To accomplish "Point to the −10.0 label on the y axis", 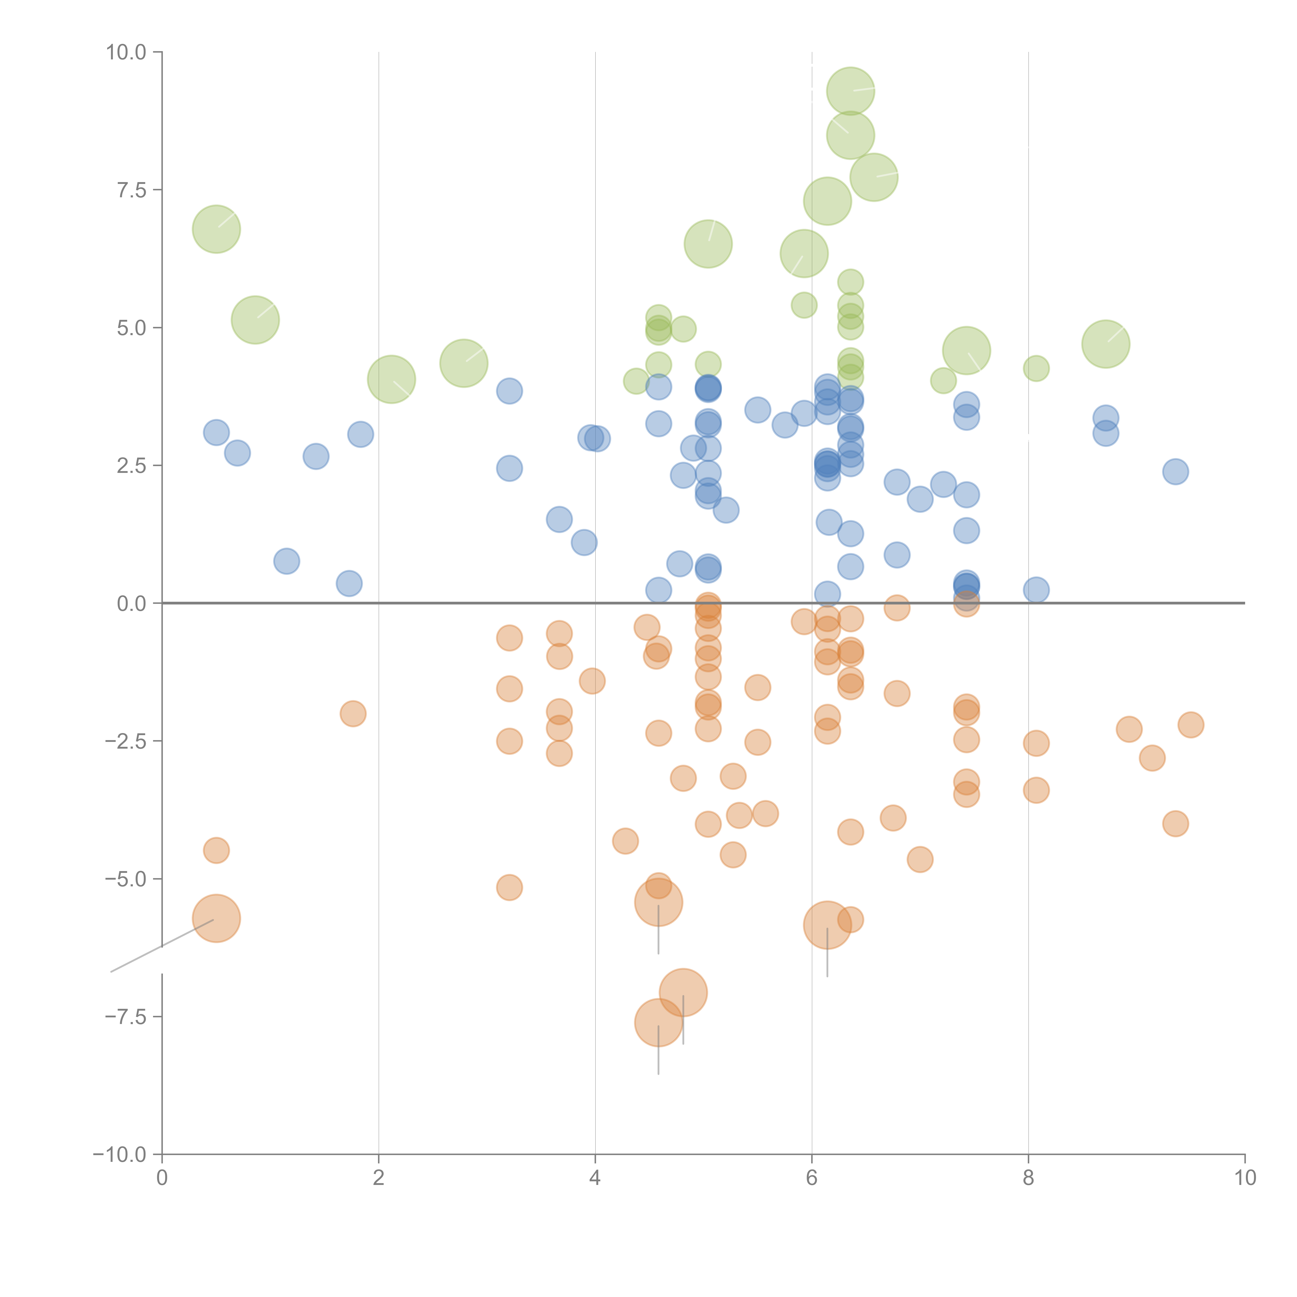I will (x=120, y=1155).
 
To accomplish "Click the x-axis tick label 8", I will (x=1029, y=1178).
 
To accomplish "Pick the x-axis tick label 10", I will (x=1245, y=1178).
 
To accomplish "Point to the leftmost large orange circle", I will (x=216, y=918).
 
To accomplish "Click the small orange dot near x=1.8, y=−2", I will (x=353, y=713).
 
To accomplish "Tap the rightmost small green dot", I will (x=1037, y=368).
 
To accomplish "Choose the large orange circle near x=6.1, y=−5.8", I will (x=827, y=925).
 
